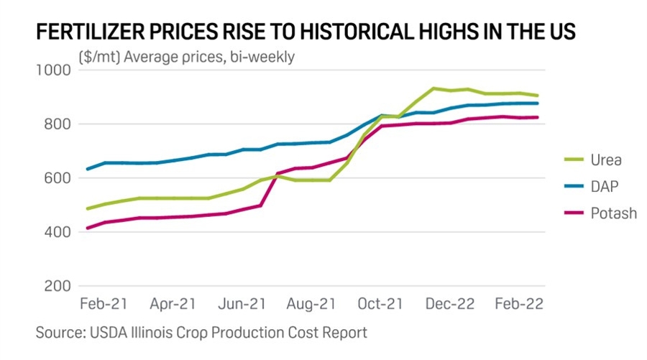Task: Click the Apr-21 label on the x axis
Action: point(173,305)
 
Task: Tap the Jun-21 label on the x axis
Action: point(242,305)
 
